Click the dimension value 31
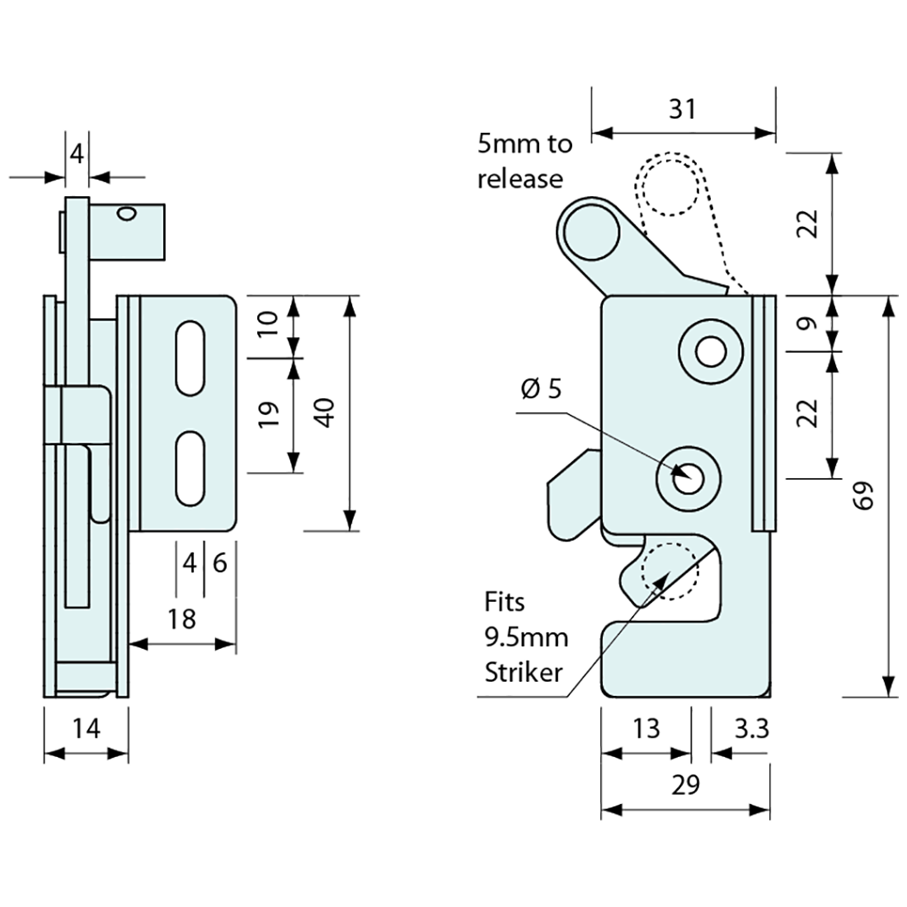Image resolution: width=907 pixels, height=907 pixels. (x=683, y=109)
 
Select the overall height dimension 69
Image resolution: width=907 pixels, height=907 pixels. (x=862, y=497)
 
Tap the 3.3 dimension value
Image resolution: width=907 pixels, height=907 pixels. (x=750, y=729)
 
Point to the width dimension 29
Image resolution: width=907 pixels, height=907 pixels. (x=686, y=784)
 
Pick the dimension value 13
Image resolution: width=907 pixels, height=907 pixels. (x=646, y=729)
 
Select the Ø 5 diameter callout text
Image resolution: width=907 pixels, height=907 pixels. (x=541, y=388)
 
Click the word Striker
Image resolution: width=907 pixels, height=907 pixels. (x=524, y=672)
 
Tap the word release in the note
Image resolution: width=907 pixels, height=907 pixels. (x=520, y=179)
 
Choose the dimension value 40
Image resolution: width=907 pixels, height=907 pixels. (x=326, y=412)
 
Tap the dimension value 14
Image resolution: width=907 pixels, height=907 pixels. (x=87, y=728)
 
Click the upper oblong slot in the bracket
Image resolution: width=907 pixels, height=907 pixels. (x=190, y=355)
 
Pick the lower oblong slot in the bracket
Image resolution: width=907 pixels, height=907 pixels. (x=190, y=468)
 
